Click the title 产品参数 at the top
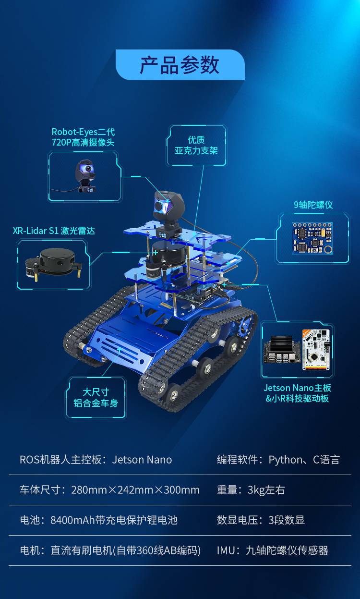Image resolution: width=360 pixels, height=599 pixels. point(180,65)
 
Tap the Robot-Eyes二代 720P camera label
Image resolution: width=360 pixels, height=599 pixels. point(83,137)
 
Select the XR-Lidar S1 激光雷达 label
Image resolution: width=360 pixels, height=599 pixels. point(54,231)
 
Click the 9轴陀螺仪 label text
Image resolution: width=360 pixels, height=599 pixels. point(313,205)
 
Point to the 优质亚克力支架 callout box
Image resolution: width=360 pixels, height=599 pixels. point(196,145)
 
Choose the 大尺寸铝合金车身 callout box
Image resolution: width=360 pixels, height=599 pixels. point(96,398)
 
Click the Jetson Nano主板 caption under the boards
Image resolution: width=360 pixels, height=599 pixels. point(297,388)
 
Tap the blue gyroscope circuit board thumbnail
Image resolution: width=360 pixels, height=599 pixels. point(312,238)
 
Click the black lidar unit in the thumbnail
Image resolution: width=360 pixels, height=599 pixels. point(53,264)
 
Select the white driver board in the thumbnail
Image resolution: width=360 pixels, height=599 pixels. point(316,350)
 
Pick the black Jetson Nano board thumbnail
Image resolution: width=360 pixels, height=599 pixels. point(282,349)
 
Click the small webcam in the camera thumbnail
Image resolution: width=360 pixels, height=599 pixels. point(85,176)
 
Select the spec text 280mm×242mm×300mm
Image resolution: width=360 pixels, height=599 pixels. point(135,490)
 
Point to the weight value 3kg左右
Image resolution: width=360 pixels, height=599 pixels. point(266,490)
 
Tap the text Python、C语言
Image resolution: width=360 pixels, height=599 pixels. point(304,460)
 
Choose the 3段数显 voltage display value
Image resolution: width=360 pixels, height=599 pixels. point(287,520)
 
